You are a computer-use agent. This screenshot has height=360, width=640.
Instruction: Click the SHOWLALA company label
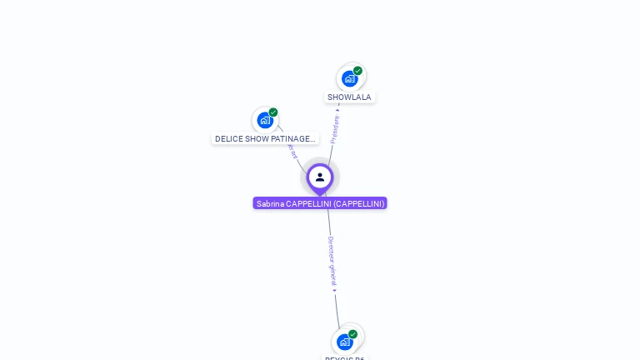[349, 97]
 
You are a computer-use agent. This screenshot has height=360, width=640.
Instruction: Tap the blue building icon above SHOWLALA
[350, 78]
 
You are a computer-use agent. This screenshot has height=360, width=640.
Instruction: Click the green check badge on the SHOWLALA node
[358, 71]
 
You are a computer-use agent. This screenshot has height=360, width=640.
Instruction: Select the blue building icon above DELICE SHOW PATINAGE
[265, 120]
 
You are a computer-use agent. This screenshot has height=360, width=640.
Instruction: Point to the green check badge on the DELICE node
[273, 112]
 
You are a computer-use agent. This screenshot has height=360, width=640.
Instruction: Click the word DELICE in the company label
[228, 139]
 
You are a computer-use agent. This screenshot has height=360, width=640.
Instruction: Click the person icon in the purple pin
[320, 177]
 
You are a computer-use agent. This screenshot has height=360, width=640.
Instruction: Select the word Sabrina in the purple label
[270, 203]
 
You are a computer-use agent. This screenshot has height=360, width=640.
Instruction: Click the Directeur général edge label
[332, 260]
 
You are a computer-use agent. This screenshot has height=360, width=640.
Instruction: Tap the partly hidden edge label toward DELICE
[292, 152]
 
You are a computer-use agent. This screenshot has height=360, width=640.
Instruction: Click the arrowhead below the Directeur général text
[334, 290]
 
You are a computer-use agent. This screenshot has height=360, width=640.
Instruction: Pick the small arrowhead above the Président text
[337, 107]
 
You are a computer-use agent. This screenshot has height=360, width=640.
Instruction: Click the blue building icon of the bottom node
[345, 342]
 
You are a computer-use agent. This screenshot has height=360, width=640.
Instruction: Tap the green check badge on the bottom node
[353, 334]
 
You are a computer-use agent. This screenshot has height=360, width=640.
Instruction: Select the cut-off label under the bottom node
[345, 357]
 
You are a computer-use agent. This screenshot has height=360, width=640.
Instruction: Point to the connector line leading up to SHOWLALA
[330, 154]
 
